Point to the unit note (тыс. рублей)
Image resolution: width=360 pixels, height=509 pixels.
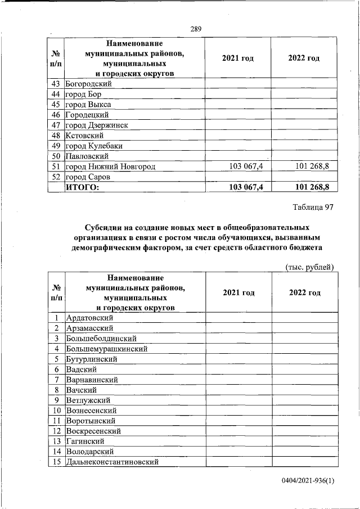pos(310,267)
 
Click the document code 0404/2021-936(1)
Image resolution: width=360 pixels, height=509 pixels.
pos(308,482)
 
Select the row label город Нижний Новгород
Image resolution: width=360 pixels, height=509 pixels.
pos(110,166)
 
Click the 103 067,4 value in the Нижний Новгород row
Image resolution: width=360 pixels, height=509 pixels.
pos(247,166)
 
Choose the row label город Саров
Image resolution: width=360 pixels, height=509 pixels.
pos(88,177)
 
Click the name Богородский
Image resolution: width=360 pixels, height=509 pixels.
pos(89,84)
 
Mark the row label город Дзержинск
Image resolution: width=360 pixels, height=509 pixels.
pos(97,125)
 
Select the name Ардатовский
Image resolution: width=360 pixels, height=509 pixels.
pos(90,318)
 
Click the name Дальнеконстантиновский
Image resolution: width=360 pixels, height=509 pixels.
pos(112,462)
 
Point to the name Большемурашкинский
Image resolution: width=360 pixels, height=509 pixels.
pos(107,349)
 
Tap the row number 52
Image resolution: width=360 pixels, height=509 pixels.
pos(56,177)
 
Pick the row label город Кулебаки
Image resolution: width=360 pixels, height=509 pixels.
pos(94,146)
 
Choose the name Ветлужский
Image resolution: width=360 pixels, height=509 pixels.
pos(88,400)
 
